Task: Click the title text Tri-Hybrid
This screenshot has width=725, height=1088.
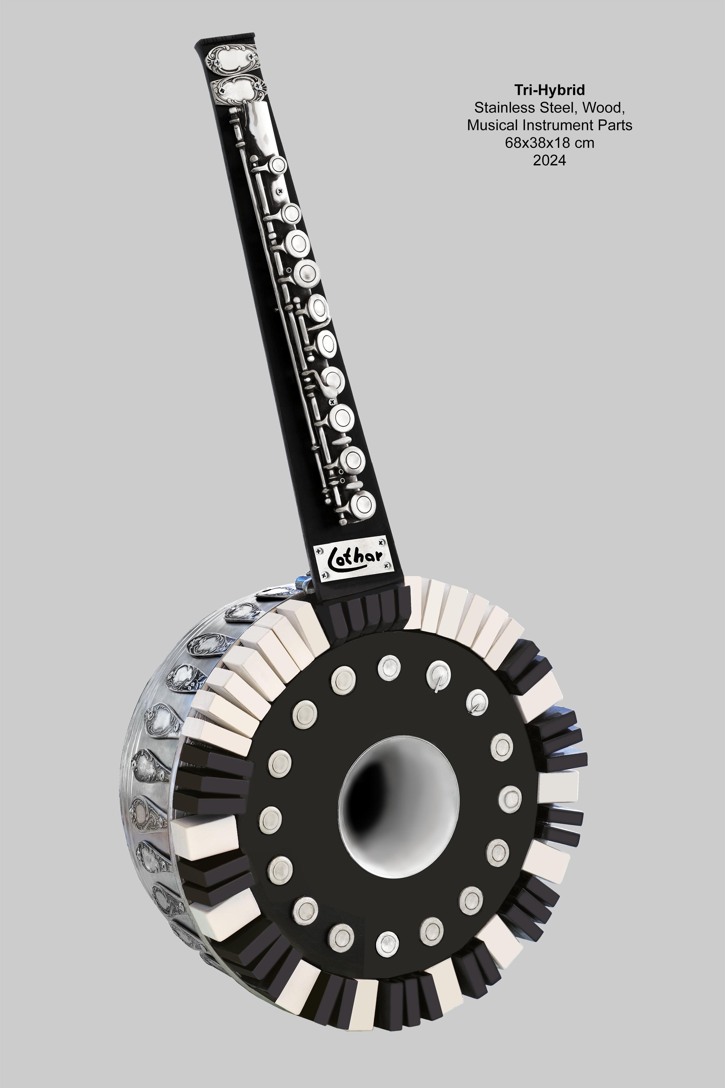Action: [x=549, y=90]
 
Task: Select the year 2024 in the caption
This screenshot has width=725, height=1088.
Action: [x=549, y=160]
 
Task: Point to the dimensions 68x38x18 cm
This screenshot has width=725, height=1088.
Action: [x=549, y=143]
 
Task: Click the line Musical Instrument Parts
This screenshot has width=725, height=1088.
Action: [x=549, y=125]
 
